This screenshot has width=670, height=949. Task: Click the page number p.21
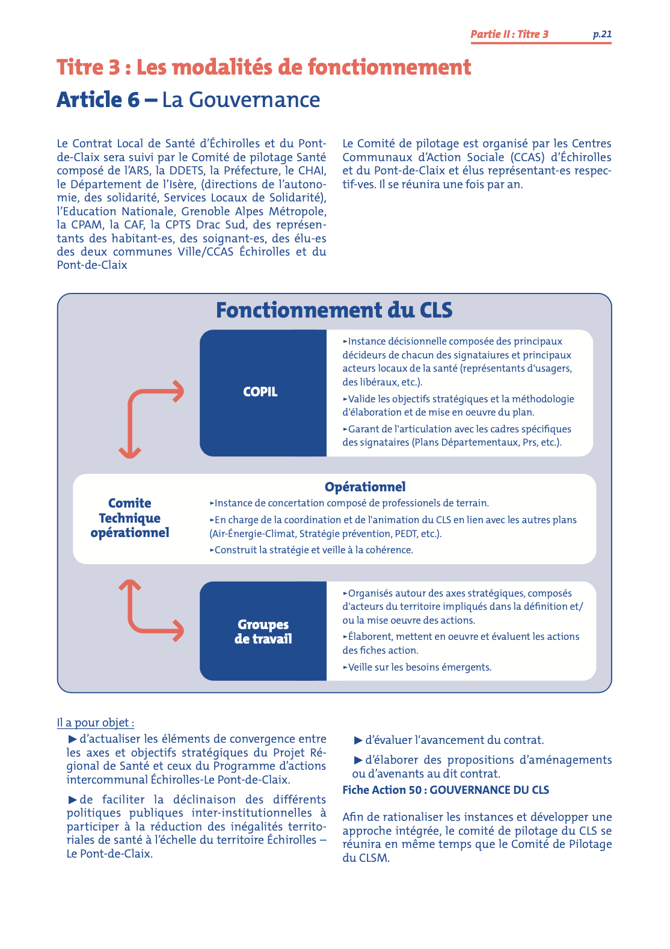pos(602,34)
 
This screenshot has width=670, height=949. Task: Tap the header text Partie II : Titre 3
pos(509,34)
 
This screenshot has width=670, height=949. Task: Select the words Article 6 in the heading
pos(98,100)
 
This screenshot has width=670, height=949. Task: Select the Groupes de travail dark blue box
pos(263,631)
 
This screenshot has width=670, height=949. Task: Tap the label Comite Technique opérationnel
pos(130,518)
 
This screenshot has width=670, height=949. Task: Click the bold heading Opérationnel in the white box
pos(365,487)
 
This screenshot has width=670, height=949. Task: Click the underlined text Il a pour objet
pos(95,723)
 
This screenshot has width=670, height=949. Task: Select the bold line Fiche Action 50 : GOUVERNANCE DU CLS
pos(446,790)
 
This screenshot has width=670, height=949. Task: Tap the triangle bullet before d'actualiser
pos(73,739)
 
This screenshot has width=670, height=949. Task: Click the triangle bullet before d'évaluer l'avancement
pos(358,740)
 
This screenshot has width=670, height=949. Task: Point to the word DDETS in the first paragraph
pos(186,171)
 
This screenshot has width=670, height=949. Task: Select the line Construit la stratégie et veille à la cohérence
pos(313,550)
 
